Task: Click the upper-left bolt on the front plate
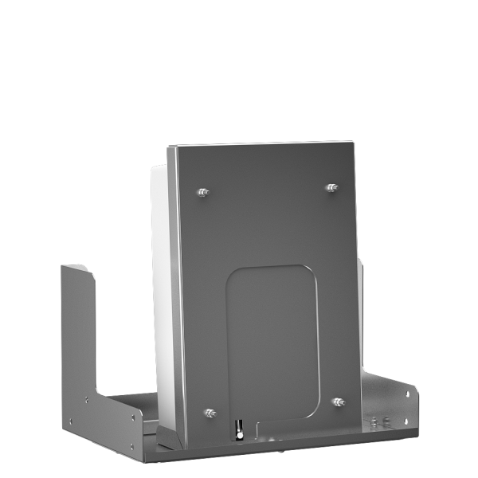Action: pyautogui.click(x=203, y=192)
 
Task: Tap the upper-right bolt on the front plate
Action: pyautogui.click(x=331, y=188)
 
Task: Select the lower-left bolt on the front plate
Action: pyautogui.click(x=210, y=413)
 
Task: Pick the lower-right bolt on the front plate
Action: pyautogui.click(x=339, y=402)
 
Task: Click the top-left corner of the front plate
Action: pyautogui.click(x=169, y=148)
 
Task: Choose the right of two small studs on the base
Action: pyautogui.click(x=386, y=418)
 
